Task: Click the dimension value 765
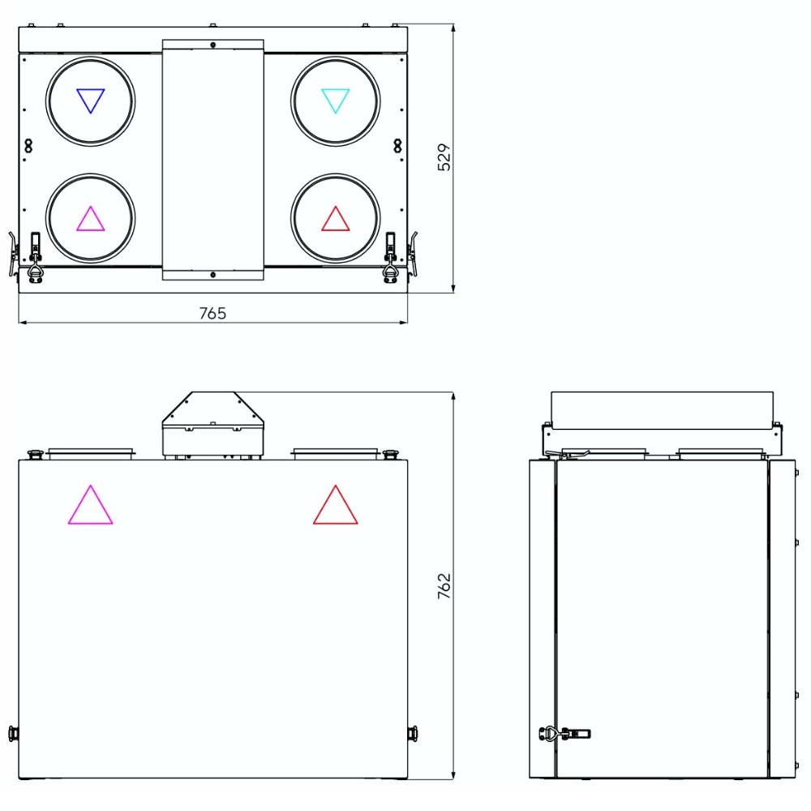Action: (x=212, y=313)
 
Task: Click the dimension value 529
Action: (x=444, y=157)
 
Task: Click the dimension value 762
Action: (x=444, y=586)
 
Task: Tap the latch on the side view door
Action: (x=564, y=733)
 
